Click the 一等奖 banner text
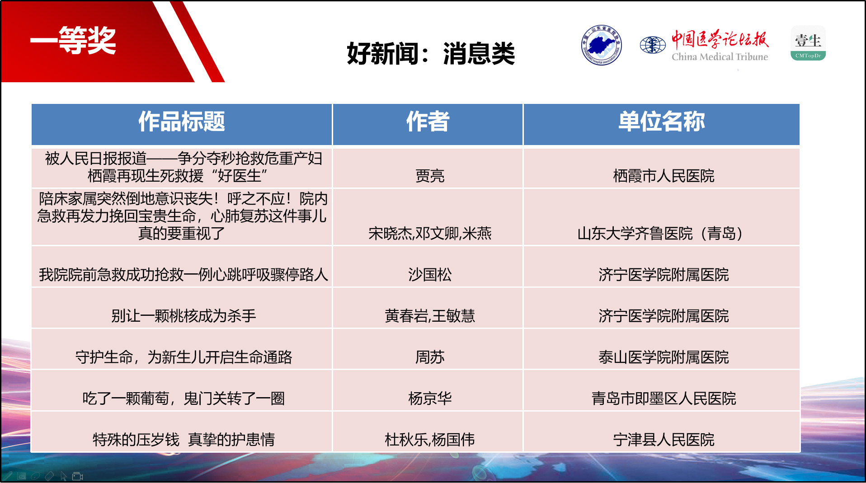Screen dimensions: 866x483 (x=73, y=41)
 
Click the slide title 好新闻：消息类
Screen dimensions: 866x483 (x=431, y=54)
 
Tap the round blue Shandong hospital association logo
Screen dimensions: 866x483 (x=601, y=45)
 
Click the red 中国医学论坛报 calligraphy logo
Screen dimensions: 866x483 (x=720, y=39)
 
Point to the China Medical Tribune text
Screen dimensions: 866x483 (x=720, y=57)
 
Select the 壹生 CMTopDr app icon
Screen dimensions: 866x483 (x=808, y=43)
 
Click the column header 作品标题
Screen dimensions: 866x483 (x=182, y=122)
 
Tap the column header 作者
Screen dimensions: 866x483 (x=428, y=122)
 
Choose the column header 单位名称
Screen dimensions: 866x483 (x=662, y=122)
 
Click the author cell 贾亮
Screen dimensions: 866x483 (x=430, y=176)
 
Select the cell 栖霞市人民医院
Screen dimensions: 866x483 (x=664, y=176)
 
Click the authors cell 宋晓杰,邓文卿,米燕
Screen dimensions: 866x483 (x=430, y=234)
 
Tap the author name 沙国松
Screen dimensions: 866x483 (x=430, y=275)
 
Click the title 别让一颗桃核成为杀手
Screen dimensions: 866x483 (x=184, y=316)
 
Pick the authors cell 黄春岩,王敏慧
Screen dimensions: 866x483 (x=430, y=316)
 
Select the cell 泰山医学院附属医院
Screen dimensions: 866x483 (x=664, y=357)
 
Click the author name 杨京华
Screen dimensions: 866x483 (x=430, y=399)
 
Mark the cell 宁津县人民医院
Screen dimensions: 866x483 (x=664, y=440)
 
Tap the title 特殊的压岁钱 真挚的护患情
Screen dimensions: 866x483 (x=184, y=440)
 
